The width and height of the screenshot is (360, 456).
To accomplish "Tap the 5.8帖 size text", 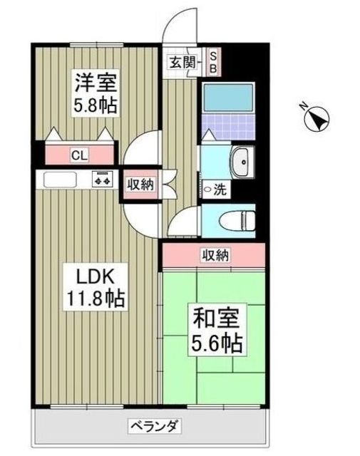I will coord(95,105).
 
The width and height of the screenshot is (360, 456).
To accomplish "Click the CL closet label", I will coord(79,154).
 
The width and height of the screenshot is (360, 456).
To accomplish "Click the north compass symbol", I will coord(317,117).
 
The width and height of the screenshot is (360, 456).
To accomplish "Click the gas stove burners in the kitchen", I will coord(102,180).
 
